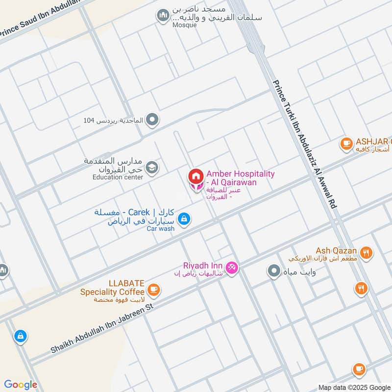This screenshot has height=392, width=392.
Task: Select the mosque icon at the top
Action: pos(163,16)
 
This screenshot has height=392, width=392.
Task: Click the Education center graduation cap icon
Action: pos(152,168)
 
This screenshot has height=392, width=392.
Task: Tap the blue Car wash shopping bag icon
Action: pos(184,219)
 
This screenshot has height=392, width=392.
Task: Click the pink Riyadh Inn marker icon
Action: pos(233,267)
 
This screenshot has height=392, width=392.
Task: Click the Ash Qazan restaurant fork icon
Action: pos(366,253)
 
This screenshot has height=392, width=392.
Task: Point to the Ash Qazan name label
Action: pos(336,250)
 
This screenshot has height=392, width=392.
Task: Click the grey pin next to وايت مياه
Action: pos(273,271)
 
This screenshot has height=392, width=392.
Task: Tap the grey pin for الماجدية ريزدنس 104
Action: pos(153,119)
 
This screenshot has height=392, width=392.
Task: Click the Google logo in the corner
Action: pos(21,385)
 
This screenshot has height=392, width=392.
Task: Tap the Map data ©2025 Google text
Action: pos(354,387)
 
